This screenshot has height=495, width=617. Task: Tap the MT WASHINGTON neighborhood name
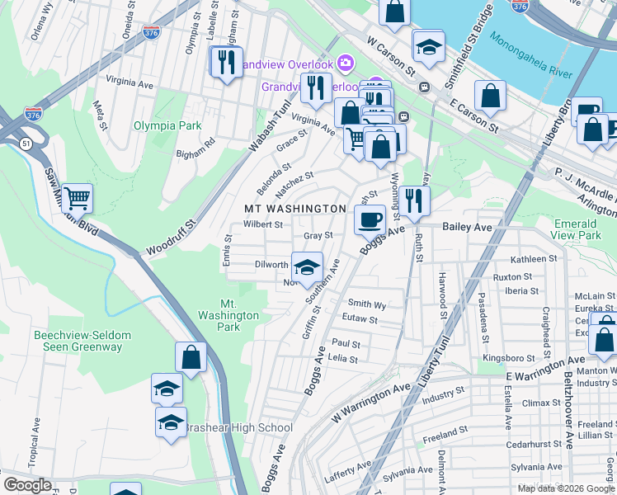pyautogui.click(x=294, y=209)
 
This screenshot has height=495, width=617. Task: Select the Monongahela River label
pyautogui.click(x=530, y=55)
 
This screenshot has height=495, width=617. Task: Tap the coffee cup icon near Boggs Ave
pyautogui.click(x=370, y=219)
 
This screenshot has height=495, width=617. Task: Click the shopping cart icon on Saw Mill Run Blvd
pyautogui.click(x=77, y=197)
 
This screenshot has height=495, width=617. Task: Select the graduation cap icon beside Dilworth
pyautogui.click(x=307, y=267)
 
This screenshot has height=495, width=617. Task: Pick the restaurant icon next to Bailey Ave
pyautogui.click(x=414, y=200)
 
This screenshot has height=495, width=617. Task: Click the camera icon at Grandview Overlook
pyautogui.click(x=345, y=64)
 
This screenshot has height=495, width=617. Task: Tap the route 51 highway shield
pyautogui.click(x=26, y=144)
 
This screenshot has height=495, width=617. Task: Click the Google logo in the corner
pyautogui.click(x=27, y=485)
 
